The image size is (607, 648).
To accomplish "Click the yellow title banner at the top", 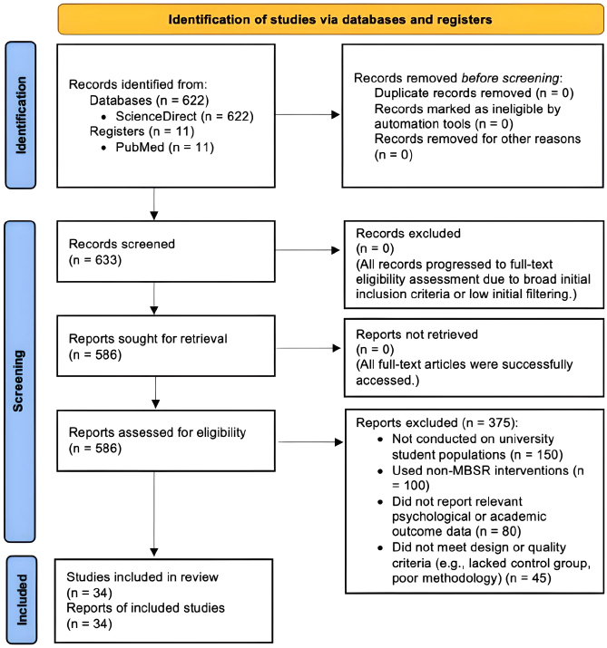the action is click(x=330, y=19).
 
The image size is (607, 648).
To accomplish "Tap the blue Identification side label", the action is click(x=21, y=115).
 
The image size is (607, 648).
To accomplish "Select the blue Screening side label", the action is click(x=20, y=381).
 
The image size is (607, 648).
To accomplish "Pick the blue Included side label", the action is click(x=22, y=599).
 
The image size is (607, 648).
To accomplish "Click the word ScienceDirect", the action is click(x=156, y=116).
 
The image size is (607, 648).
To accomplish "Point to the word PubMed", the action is click(x=140, y=147).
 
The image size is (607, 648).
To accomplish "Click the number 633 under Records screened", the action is click(x=107, y=260).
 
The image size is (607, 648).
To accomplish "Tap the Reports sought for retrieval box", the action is click(x=166, y=346).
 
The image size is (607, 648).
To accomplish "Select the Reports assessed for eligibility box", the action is click(x=166, y=440).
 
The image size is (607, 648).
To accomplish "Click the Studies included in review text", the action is click(x=142, y=577).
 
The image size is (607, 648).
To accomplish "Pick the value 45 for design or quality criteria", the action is click(x=540, y=577).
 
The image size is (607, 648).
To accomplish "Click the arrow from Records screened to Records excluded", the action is click(x=308, y=250).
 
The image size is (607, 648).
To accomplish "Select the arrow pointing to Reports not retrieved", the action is click(x=308, y=348).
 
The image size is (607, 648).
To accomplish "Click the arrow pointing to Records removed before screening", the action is click(x=308, y=115).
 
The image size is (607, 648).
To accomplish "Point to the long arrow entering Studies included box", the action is click(x=154, y=514).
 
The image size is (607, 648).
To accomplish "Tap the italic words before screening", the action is click(x=510, y=78).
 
